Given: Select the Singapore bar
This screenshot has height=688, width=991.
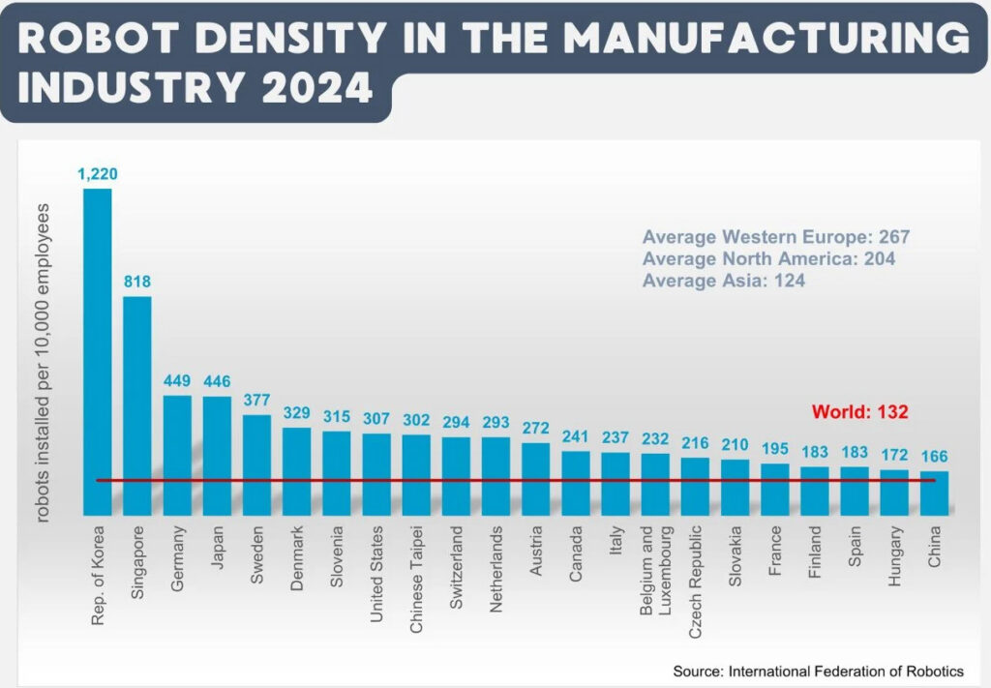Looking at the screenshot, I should click(137, 405).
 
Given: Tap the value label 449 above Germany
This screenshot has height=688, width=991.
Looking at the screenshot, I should click(177, 381).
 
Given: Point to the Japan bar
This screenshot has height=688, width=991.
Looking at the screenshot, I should click(217, 455).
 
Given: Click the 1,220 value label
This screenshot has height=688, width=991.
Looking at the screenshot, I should click(98, 174).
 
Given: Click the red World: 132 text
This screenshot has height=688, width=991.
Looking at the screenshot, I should click(859, 411).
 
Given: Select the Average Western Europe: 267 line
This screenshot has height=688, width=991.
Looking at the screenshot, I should click(776, 237).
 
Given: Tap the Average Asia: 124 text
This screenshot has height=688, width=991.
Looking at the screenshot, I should click(723, 281).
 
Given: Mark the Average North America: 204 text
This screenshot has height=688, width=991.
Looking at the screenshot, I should click(768, 258).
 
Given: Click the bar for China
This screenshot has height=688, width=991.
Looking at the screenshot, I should click(934, 493).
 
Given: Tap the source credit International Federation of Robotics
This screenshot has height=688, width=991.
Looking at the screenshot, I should click(819, 671).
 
